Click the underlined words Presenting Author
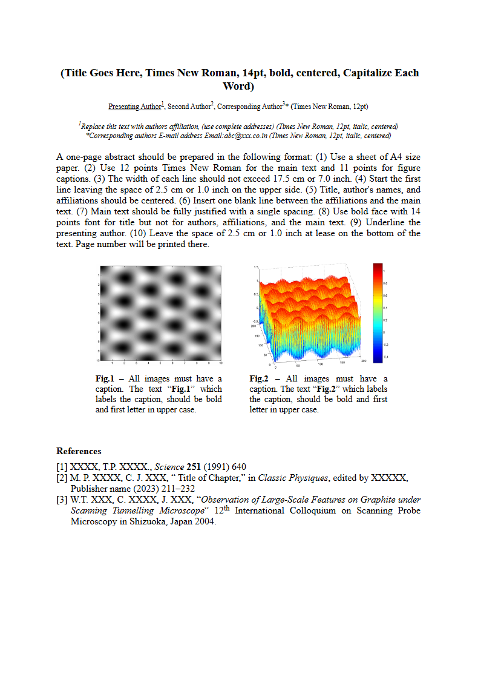pyautogui.click(x=134, y=107)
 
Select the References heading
pyautogui.click(x=79, y=451)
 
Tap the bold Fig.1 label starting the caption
pyautogui.click(x=105, y=379)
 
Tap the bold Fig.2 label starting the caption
pyautogui.click(x=259, y=379)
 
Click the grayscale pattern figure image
pyautogui.click(x=161, y=313)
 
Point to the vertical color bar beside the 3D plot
pyautogui.click(x=378, y=313)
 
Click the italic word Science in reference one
pyautogui.click(x=170, y=467)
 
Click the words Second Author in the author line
pyautogui.click(x=189, y=107)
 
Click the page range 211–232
pyautogui.click(x=177, y=489)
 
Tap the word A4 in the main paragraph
pyautogui.click(x=396, y=157)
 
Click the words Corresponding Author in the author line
pyautogui.click(x=249, y=107)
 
